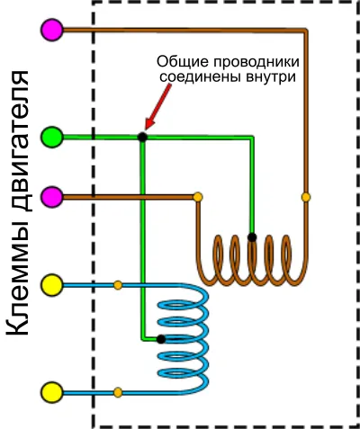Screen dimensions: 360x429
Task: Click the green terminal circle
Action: (x=52, y=137)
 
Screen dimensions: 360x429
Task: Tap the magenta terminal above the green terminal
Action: (x=52, y=30)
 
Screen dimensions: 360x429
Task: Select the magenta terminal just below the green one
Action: (x=52, y=197)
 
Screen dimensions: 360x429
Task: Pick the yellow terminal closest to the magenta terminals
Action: (x=52, y=285)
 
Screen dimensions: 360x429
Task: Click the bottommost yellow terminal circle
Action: (x=52, y=392)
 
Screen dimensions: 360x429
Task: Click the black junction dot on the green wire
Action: (x=142, y=138)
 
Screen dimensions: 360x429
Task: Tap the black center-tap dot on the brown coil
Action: (x=252, y=237)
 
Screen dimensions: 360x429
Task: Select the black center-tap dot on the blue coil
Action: (x=161, y=339)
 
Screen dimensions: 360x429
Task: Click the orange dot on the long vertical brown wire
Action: (x=306, y=197)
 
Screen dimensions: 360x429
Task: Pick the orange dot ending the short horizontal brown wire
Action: (x=198, y=197)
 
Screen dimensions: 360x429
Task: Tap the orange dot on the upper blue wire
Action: (x=118, y=285)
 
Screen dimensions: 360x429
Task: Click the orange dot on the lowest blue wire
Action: (x=118, y=392)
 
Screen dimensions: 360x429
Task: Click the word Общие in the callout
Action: (x=183, y=62)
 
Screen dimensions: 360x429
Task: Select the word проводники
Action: (x=256, y=63)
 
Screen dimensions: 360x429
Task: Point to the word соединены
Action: (x=201, y=77)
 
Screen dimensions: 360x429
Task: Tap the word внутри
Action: (x=271, y=77)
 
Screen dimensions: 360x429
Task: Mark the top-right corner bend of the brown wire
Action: (x=306, y=31)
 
